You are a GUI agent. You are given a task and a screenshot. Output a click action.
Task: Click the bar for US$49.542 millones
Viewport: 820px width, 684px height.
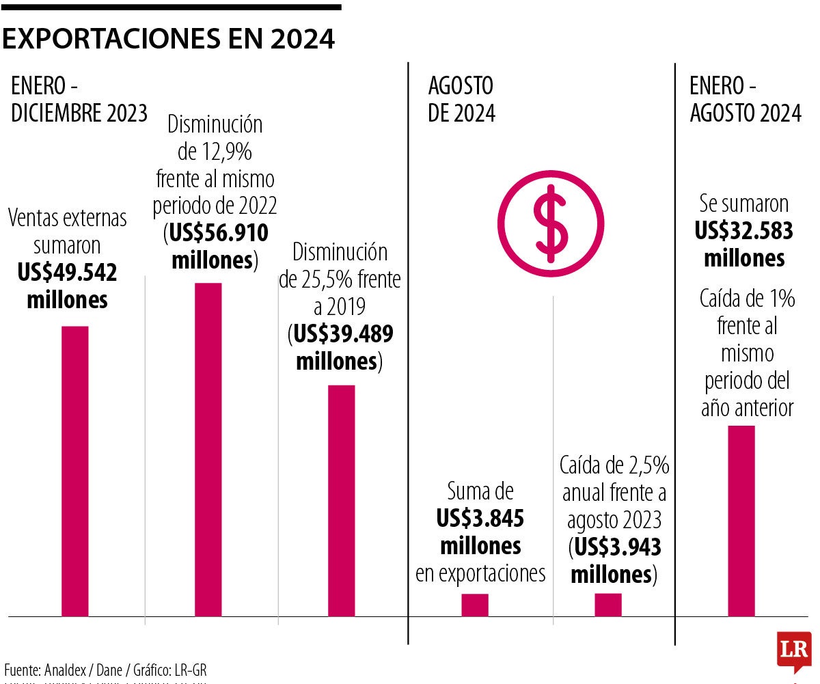75,471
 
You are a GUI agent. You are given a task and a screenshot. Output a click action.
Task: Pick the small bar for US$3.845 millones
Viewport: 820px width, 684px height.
475,605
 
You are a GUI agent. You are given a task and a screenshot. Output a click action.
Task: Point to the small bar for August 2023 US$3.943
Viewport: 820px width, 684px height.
608,605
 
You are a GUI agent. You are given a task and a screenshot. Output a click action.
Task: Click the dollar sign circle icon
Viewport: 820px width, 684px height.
551,221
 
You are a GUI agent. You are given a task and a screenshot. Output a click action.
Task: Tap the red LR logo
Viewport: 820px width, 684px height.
793,651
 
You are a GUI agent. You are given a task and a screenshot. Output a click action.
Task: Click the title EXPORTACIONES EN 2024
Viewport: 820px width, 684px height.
169,40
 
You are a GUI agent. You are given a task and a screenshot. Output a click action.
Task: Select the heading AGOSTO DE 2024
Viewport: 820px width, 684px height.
461,100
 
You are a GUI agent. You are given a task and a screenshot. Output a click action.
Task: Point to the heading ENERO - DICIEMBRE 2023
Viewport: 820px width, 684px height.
79,100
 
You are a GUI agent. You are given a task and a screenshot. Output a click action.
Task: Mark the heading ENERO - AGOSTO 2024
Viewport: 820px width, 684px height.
746,100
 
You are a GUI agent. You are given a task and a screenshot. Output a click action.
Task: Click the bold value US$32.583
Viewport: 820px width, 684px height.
744,232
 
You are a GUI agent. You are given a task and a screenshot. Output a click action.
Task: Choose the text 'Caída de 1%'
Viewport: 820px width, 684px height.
747,299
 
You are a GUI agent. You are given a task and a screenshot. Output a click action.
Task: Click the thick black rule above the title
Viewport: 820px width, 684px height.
171,8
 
